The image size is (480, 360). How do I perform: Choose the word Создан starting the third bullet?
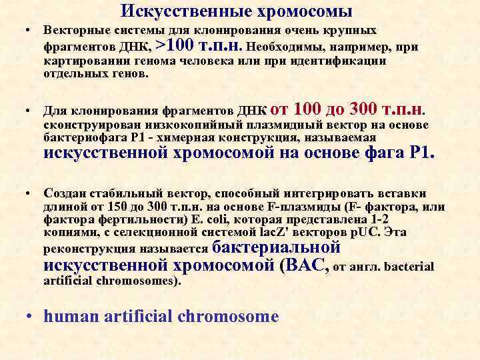[65, 193]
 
